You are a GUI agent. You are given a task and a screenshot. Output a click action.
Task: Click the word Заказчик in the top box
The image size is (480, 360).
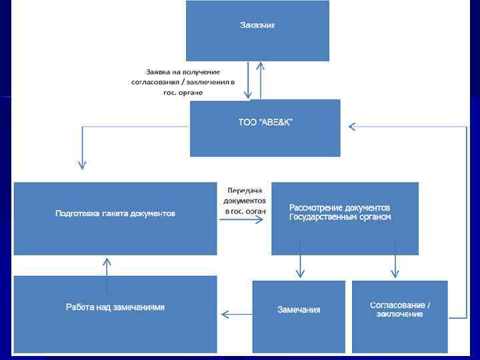pos(257,25)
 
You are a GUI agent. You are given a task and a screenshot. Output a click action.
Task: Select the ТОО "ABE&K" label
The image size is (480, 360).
pos(265,122)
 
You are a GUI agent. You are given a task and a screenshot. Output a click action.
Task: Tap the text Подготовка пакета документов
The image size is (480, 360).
pos(115,214)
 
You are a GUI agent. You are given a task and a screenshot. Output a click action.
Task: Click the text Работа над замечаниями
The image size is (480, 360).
pos(115,307)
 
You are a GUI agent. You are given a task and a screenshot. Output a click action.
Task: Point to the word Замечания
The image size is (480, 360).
pos(299,310)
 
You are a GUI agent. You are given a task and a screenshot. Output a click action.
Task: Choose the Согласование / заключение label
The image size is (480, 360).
pos(399,309)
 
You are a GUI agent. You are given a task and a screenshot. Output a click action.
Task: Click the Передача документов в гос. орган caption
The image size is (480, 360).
pos(245,200)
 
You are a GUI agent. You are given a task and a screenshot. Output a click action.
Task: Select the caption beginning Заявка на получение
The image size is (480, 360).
pos(183,82)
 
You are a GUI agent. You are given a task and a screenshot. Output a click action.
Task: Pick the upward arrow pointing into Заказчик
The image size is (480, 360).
pos(260,79)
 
